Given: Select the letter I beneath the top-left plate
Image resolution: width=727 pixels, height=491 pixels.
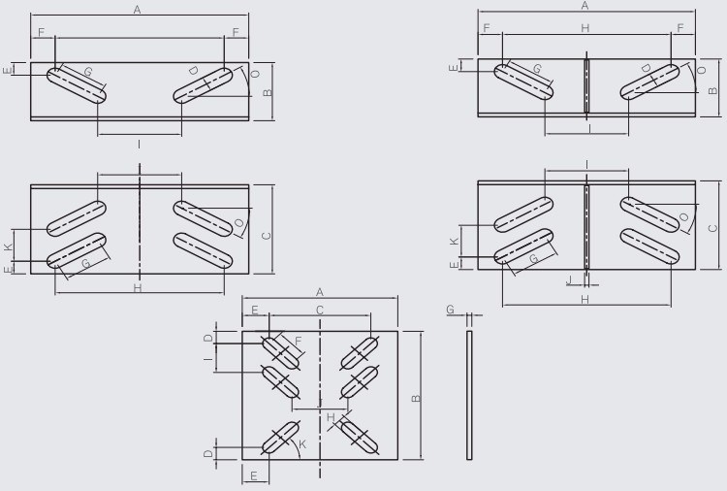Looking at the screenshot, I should pos(140,144).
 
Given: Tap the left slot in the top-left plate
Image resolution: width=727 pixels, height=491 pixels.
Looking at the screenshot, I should pos(78,83).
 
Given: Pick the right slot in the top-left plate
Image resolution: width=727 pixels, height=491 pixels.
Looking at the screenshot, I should pos(203,83).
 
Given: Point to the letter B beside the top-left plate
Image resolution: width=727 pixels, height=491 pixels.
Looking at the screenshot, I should pos(268,92).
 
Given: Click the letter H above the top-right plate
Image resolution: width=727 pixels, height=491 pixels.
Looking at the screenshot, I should pos(585,29).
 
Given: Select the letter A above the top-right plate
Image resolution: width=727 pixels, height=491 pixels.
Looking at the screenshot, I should pos(585,6).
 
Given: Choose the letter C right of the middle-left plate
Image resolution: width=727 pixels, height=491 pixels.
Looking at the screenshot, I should pos(267,234).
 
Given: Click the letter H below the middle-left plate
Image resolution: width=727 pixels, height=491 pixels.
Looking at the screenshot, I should pos(137,288).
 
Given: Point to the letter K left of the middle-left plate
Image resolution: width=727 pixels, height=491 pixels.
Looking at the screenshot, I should pos(9,248).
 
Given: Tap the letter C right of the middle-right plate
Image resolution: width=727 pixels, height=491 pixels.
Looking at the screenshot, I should pos(712,229).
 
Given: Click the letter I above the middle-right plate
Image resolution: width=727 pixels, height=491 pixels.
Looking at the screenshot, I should pos(587,163).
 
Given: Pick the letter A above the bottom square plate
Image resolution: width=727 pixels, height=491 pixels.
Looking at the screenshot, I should pos(320,291).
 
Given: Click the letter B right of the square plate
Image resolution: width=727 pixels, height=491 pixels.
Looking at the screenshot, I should pos(415,398).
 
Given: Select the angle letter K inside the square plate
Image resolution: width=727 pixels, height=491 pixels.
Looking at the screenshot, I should pos(302,443).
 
